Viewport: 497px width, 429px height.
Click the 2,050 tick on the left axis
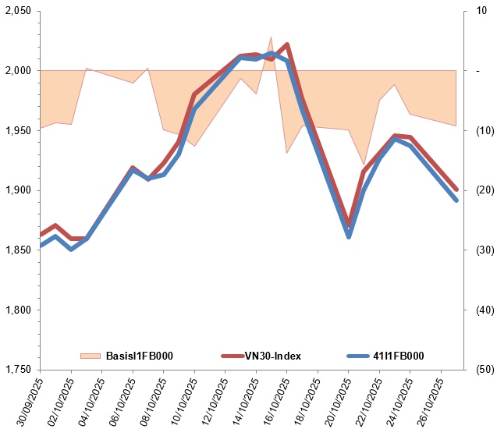[x=17, y=11]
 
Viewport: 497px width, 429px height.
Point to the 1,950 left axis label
[x=17, y=130]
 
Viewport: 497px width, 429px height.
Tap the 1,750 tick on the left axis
[x=17, y=369]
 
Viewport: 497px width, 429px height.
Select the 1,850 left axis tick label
[x=17, y=250]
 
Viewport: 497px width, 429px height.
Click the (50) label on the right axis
[x=477, y=369]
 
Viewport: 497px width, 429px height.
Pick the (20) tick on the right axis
[x=477, y=190]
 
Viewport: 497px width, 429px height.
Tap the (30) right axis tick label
[x=477, y=250]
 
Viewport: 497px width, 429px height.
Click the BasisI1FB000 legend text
[x=137, y=356]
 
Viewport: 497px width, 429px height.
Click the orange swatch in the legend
[x=91, y=356]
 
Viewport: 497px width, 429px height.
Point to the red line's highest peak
[x=287, y=44]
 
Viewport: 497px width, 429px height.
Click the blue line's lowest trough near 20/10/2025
[x=349, y=236]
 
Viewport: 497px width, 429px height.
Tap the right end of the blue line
[x=456, y=200]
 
